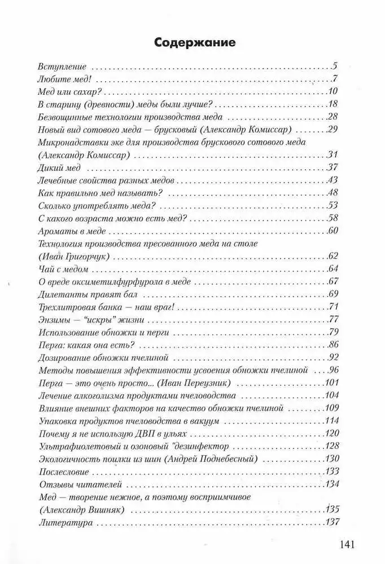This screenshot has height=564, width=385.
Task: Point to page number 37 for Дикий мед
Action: pos(332,168)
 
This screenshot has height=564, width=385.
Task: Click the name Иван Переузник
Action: pos(194,383)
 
